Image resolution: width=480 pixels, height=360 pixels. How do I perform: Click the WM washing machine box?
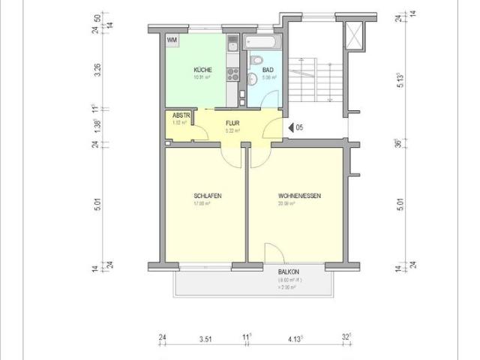click(172, 40)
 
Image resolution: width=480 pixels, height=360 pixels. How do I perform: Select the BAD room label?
click(268, 70)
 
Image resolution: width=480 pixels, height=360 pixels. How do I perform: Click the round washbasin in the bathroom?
click(253, 77)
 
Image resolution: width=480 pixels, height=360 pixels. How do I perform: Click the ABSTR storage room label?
click(181, 115)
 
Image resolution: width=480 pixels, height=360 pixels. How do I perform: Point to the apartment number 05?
click(298, 127)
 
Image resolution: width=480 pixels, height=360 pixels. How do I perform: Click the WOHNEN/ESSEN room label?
click(298, 196)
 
